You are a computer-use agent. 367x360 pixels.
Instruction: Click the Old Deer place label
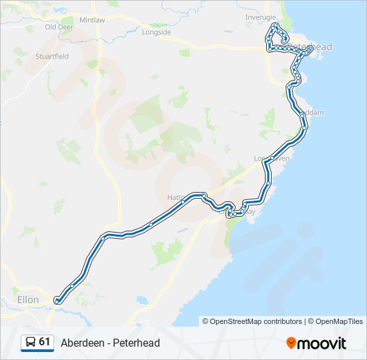[59, 27]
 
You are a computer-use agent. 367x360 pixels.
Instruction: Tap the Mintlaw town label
[92, 21]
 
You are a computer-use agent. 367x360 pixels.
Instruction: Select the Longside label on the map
[157, 32]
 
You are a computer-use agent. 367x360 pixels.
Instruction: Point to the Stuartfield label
[52, 57]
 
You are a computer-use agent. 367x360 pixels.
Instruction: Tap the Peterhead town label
[312, 47]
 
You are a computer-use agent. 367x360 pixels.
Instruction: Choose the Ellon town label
[29, 300]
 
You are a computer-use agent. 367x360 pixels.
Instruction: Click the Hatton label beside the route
[175, 198]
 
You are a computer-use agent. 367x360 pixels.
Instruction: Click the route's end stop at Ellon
[57, 301]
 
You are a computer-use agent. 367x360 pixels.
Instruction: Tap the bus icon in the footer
[31, 343]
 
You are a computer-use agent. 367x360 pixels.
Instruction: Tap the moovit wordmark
[323, 343]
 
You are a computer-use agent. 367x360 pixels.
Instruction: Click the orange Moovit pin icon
[292, 343]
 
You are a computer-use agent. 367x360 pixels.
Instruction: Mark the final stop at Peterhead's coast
[311, 47]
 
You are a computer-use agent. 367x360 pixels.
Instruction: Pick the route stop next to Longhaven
[272, 158]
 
